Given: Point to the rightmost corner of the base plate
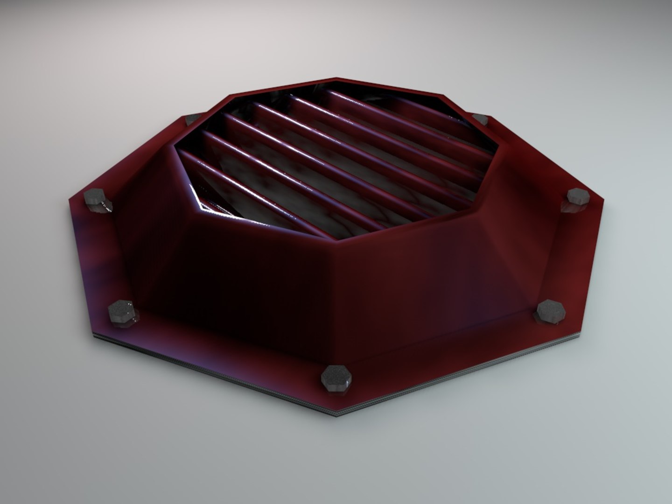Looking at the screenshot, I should pyautogui.click(x=605, y=198).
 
